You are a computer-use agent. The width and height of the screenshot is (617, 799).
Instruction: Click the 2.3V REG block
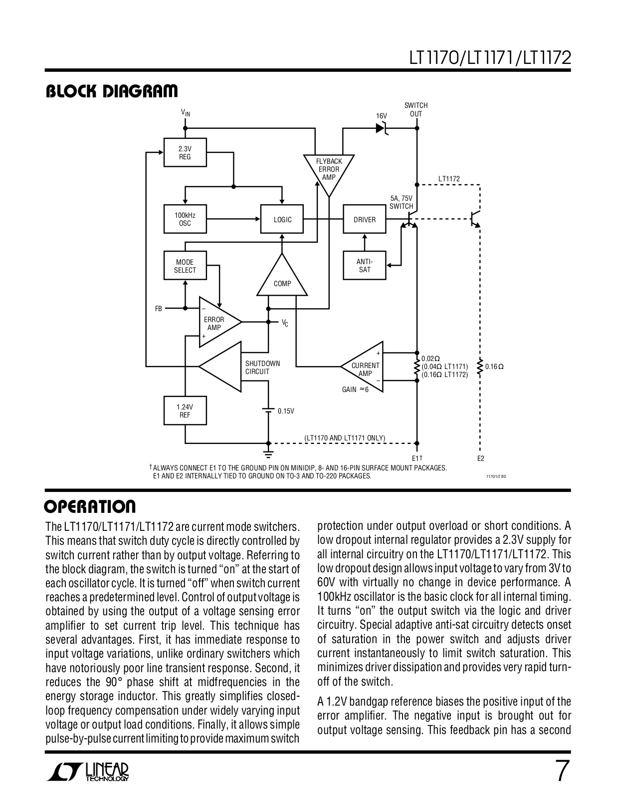coord(185,153)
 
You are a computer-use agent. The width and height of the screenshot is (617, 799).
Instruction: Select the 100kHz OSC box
coord(185,219)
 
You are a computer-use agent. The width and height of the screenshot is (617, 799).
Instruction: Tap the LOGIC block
coord(282,219)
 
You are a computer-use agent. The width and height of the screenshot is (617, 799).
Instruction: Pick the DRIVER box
coord(364,219)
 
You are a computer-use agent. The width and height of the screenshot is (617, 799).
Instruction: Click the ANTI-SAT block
coord(364,266)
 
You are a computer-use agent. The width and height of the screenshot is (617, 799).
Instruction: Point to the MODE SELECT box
coord(185,266)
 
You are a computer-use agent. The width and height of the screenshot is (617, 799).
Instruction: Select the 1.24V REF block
coord(185,410)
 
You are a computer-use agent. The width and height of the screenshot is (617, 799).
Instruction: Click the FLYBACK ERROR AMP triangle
coord(329,171)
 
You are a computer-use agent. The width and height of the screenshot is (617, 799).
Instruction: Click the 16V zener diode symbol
coord(383,128)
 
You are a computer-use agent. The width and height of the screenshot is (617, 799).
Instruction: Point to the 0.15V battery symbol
coord(268,410)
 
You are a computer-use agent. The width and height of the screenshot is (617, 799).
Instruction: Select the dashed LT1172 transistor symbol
coord(474,218)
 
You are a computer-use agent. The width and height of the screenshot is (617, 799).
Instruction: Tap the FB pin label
coord(158,309)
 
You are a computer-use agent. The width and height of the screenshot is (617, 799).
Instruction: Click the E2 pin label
coord(480,458)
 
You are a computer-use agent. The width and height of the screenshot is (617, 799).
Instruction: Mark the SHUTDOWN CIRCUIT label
coord(262,368)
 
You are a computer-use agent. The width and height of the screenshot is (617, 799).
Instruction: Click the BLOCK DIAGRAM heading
coord(111,91)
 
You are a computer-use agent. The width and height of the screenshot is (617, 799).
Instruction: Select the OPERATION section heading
coord(90,506)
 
